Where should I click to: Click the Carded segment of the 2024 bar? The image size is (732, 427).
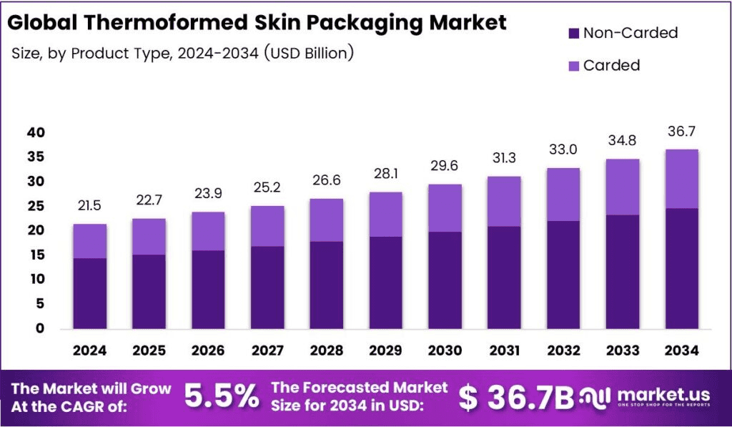[89, 241]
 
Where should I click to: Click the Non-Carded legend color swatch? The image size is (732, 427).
[574, 34]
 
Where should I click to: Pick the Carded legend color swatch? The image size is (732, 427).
[574, 66]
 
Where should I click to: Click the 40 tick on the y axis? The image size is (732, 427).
[36, 133]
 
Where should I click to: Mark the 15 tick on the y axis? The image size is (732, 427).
[36, 255]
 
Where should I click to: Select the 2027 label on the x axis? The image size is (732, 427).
[266, 350]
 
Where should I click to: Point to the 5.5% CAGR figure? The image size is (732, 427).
[222, 396]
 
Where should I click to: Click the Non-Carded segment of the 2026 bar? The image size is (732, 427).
[207, 290]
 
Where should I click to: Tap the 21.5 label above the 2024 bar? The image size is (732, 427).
[89, 206]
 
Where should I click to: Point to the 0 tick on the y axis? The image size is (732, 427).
[40, 329]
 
